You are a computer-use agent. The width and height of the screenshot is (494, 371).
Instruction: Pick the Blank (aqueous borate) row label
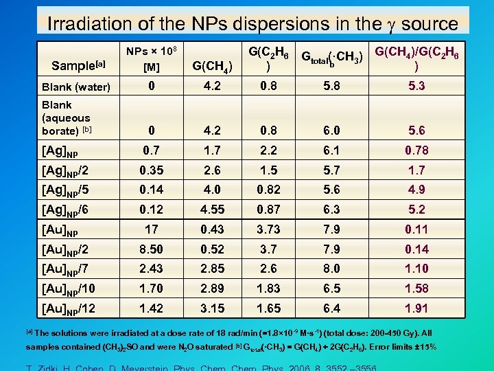[66, 118]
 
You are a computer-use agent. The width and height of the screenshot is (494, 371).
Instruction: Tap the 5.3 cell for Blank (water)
[416, 87]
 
